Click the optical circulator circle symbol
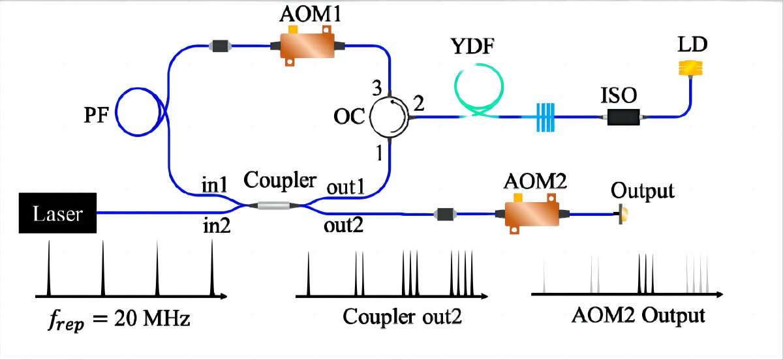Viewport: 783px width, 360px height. pos(388,117)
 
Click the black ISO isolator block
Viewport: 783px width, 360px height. pos(624,117)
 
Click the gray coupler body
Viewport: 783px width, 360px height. pos(272,205)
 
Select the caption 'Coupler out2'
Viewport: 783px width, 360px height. pos(402,317)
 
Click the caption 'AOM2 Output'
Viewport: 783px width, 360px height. pos(638,316)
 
